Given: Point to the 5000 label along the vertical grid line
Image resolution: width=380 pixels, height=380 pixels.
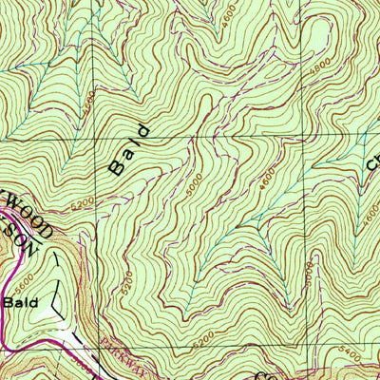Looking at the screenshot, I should tap(309, 276).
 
